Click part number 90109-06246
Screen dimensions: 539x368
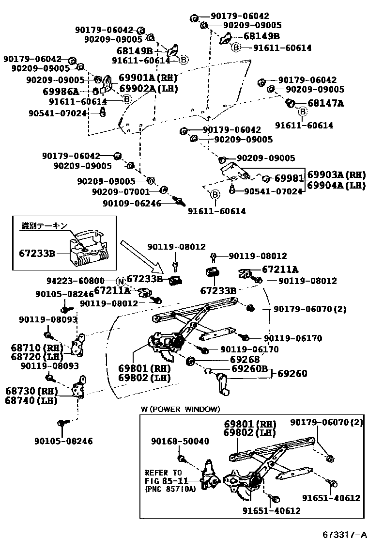(132, 204)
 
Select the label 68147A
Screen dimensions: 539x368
(326, 103)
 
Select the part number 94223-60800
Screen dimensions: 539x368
(75, 281)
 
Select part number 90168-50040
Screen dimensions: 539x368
(180, 441)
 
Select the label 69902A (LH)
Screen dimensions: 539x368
(149, 88)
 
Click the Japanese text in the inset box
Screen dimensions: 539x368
(44, 225)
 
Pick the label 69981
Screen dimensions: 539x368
(289, 178)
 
